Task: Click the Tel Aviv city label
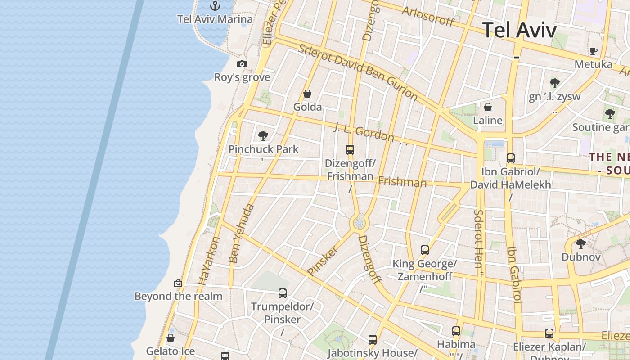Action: pyautogui.click(x=519, y=30)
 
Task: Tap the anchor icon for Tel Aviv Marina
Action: pyautogui.click(x=215, y=6)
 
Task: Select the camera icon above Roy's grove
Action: pyautogui.click(x=242, y=64)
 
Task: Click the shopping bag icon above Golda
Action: pyautogui.click(x=307, y=94)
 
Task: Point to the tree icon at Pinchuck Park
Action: pyautogui.click(x=263, y=135)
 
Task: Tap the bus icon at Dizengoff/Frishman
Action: pyautogui.click(x=350, y=150)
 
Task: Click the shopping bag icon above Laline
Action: pyautogui.click(x=487, y=107)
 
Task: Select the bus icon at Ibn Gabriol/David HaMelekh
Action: pyautogui.click(x=510, y=158)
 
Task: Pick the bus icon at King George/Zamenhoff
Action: pyautogui.click(x=424, y=250)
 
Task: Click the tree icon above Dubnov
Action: pyautogui.click(x=580, y=244)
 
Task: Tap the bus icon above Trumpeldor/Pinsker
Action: pyautogui.click(x=282, y=293)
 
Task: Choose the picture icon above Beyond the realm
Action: pyautogui.click(x=178, y=283)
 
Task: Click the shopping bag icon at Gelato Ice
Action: pyautogui.click(x=171, y=338)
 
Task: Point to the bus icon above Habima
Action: pyautogui.click(x=456, y=331)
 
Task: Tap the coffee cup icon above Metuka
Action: pyautogui.click(x=593, y=51)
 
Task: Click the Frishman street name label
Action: pyautogui.click(x=402, y=182)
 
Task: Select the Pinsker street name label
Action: pyautogui.click(x=322, y=260)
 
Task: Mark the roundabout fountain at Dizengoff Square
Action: pyautogui.click(x=359, y=222)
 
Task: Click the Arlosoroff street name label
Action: pyautogui.click(x=427, y=17)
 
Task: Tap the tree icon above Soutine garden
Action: pyautogui.click(x=610, y=114)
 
